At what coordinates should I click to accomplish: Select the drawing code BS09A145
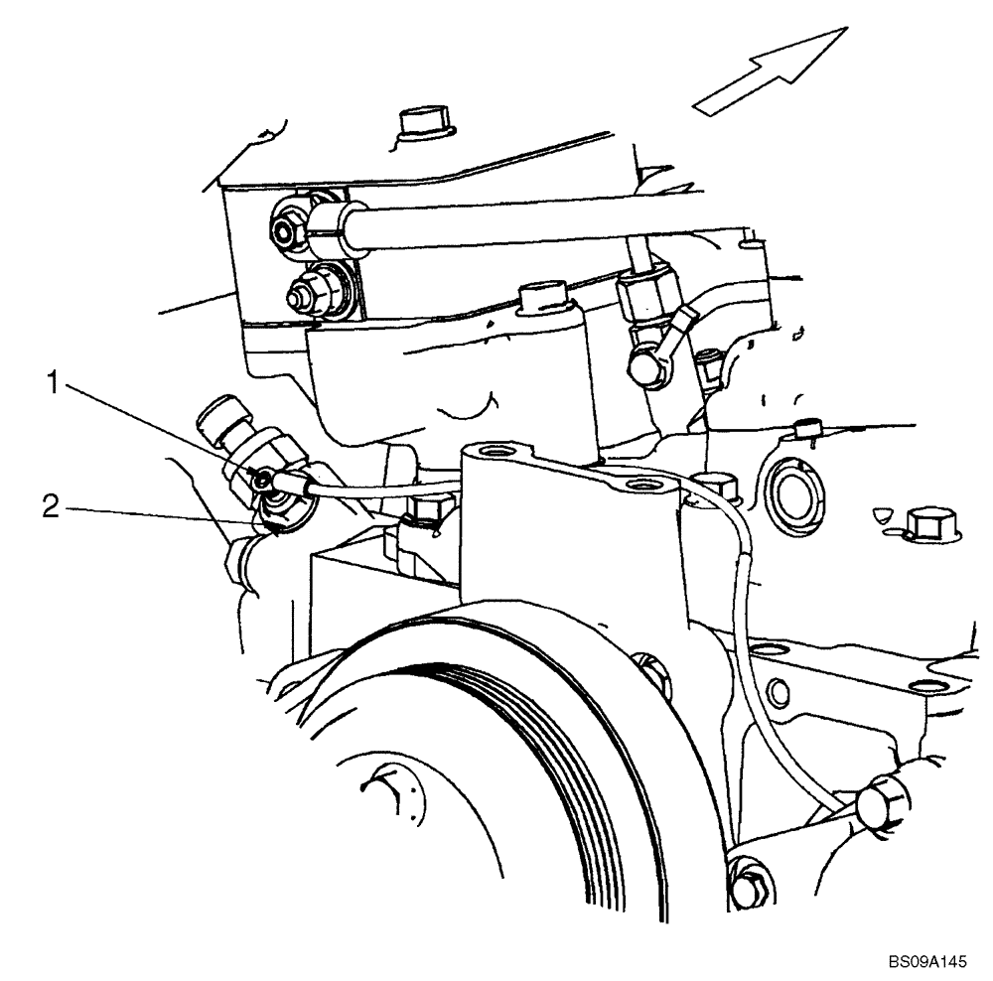click(x=926, y=963)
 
